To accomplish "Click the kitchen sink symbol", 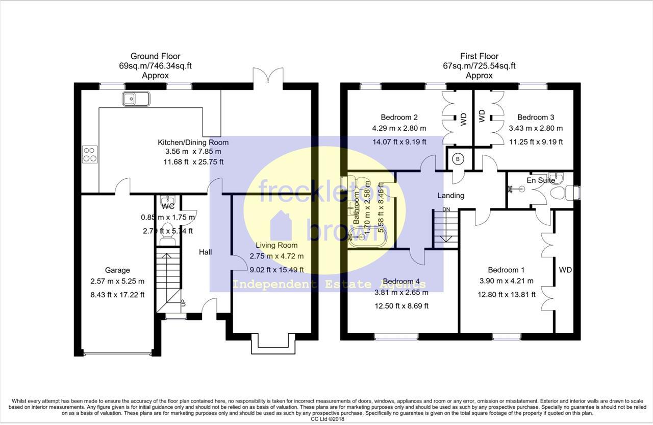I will pyautogui.click(x=136, y=99).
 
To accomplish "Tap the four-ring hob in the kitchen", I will pyautogui.click(x=90, y=154).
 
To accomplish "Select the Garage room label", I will pyautogui.click(x=117, y=270).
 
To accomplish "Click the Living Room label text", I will pyautogui.click(x=277, y=245).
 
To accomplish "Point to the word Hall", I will pyautogui.click(x=206, y=252).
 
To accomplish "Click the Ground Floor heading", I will pyautogui.click(x=155, y=56).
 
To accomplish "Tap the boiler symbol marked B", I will pyautogui.click(x=458, y=159).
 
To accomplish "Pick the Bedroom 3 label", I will pyautogui.click(x=536, y=117).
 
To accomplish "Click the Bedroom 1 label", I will pyautogui.click(x=506, y=270).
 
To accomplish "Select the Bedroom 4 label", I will pyautogui.click(x=401, y=281).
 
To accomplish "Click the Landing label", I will pyautogui.click(x=450, y=195).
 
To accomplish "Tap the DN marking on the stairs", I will pyautogui.click(x=446, y=209).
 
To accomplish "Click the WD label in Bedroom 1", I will pyautogui.click(x=565, y=270).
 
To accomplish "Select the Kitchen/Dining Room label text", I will pyautogui.click(x=193, y=142).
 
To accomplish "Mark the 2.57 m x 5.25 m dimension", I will pyautogui.click(x=117, y=281).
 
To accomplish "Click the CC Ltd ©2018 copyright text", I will pyautogui.click(x=326, y=419).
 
